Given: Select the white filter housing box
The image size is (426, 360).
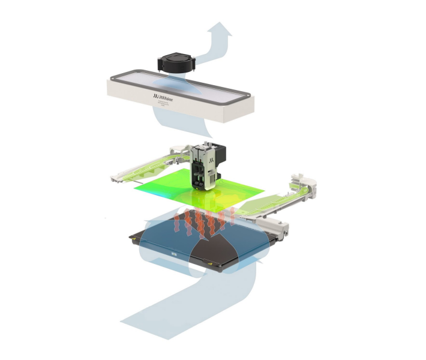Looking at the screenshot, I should (x=180, y=108).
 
